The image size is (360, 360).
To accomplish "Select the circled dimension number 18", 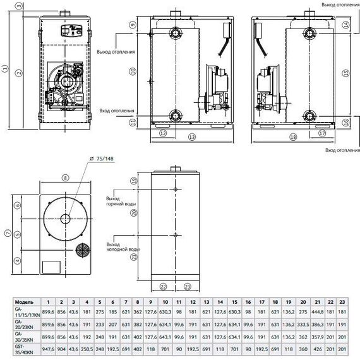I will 292,136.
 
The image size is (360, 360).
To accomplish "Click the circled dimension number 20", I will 135,213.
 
